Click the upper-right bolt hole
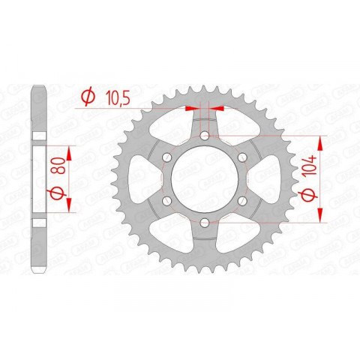pyautogui.click(x=241, y=157)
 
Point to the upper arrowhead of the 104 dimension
pyautogui.click(x=322, y=140)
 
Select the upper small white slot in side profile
pyautogui.click(x=39, y=142)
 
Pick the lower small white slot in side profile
pyautogui.click(x=39, y=222)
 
